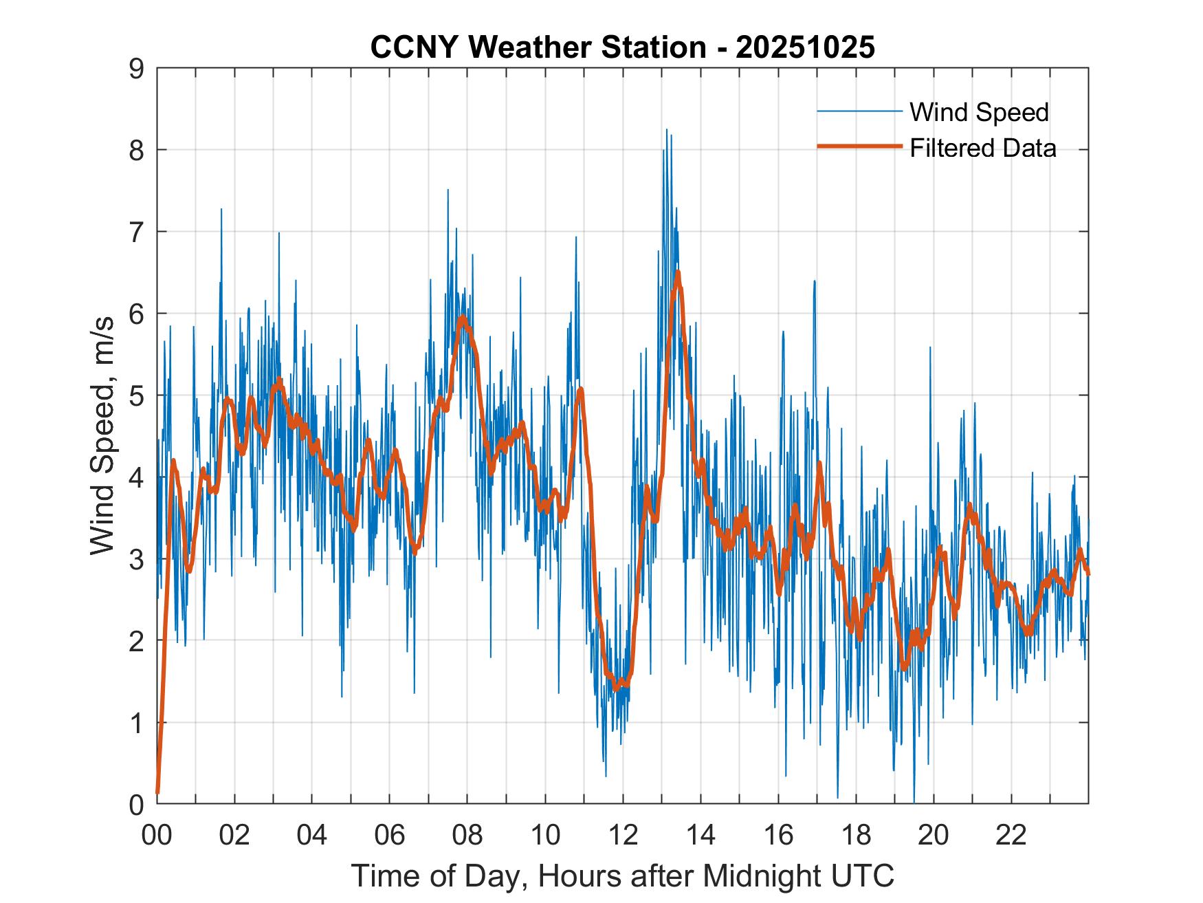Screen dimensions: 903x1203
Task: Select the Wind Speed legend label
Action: click(979, 112)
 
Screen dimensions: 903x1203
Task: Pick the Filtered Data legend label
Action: click(982, 148)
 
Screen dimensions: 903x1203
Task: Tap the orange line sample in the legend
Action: click(859, 146)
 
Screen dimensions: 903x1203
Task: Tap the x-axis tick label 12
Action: click(623, 835)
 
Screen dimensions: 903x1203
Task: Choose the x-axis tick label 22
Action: click(1011, 835)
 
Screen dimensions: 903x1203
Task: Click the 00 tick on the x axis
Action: click(157, 835)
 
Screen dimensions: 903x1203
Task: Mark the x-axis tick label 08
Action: click(467, 835)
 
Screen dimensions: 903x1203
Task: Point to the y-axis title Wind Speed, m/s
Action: click(103, 437)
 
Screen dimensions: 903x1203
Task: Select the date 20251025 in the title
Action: click(805, 47)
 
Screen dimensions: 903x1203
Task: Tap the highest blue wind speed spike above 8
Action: click(666, 130)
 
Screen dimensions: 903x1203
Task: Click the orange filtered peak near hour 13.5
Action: click(678, 273)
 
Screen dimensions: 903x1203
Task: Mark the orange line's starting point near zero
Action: click(158, 792)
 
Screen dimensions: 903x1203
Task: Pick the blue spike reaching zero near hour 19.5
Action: click(914, 802)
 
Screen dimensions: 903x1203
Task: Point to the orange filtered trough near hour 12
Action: click(617, 687)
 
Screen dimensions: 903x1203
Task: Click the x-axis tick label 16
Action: click(778, 835)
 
